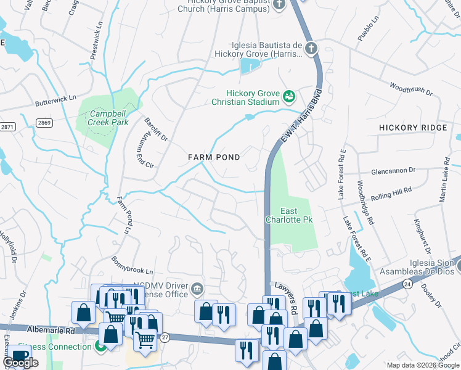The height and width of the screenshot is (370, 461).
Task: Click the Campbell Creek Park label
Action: pyautogui.click(x=108, y=118)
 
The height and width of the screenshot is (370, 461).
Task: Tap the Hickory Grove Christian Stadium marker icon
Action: pyautogui.click(x=288, y=96)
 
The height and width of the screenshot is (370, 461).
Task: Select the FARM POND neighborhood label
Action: pyautogui.click(x=214, y=157)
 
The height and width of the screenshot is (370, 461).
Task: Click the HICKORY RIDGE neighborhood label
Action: pyautogui.click(x=412, y=127)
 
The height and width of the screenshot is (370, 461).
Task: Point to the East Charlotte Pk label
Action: pyautogui.click(x=290, y=215)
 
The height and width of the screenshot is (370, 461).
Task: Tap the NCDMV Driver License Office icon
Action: pyautogui.click(x=197, y=288)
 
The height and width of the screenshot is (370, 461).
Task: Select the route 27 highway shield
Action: pyautogui.click(x=165, y=337)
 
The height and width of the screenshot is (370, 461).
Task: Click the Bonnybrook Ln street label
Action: pyautogui.click(x=132, y=266)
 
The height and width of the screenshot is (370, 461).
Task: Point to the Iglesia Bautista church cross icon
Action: pyautogui.click(x=312, y=48)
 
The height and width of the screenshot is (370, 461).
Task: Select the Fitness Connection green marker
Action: pyautogui.click(x=100, y=347)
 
